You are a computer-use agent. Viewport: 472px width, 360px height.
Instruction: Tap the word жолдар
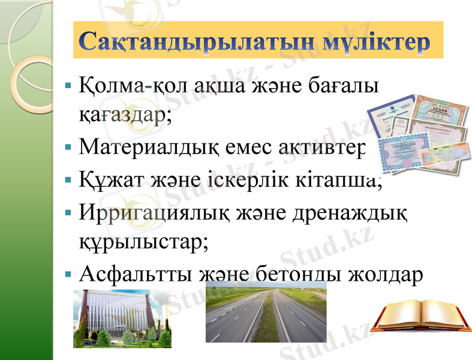click(381, 273)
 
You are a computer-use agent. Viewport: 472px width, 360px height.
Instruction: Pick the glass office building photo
click(122, 318)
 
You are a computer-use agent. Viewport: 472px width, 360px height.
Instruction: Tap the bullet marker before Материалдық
click(70, 146)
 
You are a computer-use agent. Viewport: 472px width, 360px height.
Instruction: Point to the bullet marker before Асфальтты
click(70, 274)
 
